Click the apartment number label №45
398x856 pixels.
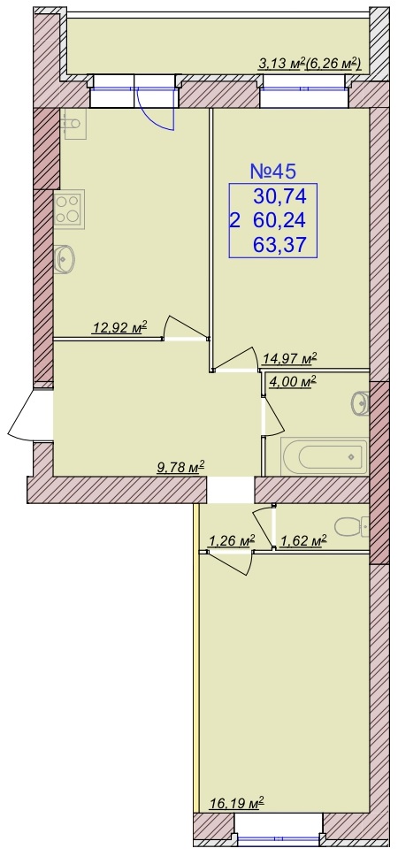[x=273, y=171]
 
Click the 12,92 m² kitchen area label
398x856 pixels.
[x=120, y=328]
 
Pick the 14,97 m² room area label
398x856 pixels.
[x=289, y=359]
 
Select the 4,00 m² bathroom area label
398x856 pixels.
[x=293, y=382]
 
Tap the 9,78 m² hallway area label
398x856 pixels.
[x=180, y=467]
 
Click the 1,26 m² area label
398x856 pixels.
[x=232, y=541]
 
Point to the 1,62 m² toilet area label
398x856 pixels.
[x=303, y=541]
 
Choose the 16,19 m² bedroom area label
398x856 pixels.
[x=237, y=803]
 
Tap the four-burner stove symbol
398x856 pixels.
[x=69, y=209]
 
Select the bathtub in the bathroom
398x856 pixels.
[x=324, y=456]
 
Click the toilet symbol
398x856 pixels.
[x=351, y=527]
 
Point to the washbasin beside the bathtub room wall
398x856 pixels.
[x=361, y=403]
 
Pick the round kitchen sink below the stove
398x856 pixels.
[x=65, y=258]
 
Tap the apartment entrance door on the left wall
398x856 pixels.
[x=31, y=415]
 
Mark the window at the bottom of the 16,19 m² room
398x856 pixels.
[x=279, y=839]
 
